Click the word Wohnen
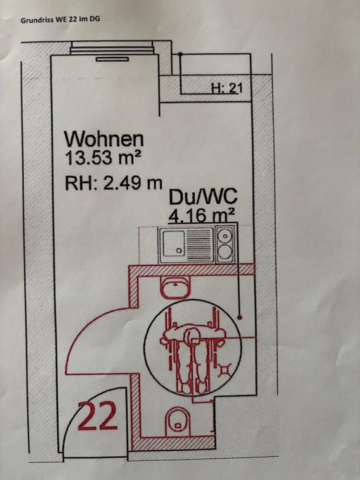(x=104, y=138)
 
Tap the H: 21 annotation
(x=227, y=88)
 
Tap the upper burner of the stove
(x=226, y=233)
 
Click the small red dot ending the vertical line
(x=240, y=316)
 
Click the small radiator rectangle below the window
(x=112, y=59)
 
